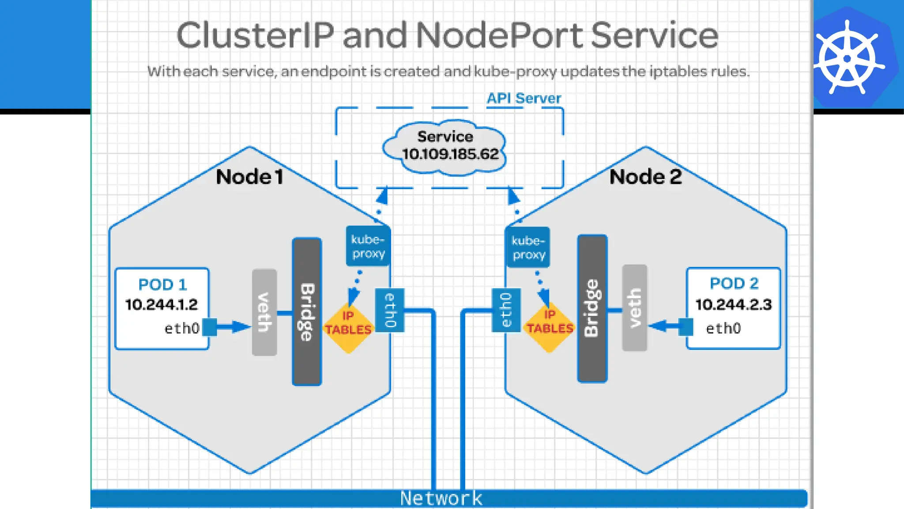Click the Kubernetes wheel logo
pos(847,58)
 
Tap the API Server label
pos(524,98)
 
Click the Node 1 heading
pos(249,177)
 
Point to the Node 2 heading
pos(645,177)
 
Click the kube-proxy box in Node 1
pos(368,247)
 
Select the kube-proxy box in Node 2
pos(528,247)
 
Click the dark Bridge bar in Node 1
pos(307,311)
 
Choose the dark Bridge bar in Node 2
pos(592,308)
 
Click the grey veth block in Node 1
pos(264,312)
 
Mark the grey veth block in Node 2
pos(634,308)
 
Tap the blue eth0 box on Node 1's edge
pos(389,310)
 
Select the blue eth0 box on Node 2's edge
pos(506,310)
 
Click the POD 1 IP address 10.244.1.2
pos(162,305)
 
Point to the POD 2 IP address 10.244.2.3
pos(734,305)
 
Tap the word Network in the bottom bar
pos(441,498)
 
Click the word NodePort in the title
pos(499,35)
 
